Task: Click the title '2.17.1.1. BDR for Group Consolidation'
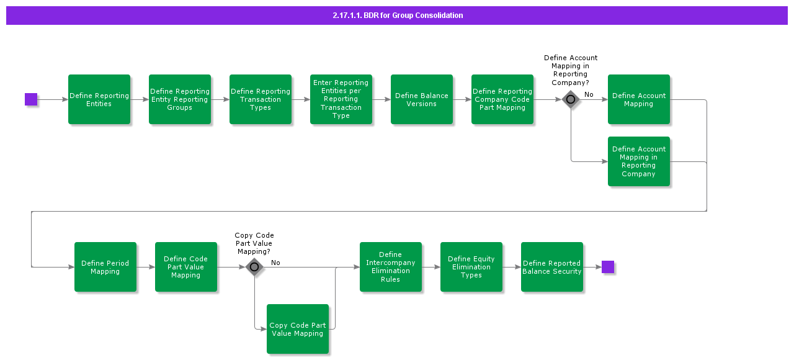pyautogui.click(x=398, y=16)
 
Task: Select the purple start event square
pyautogui.click(x=31, y=99)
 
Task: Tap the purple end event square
pyautogui.click(x=608, y=267)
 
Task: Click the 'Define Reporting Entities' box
pyautogui.click(x=99, y=99)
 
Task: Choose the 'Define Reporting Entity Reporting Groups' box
pyautogui.click(x=180, y=99)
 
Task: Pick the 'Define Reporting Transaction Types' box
pyautogui.click(x=261, y=99)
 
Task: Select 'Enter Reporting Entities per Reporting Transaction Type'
pyautogui.click(x=341, y=99)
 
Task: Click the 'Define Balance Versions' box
pyautogui.click(x=422, y=99)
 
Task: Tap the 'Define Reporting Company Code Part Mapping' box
pyautogui.click(x=502, y=99)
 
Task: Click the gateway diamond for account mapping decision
pyautogui.click(x=571, y=99)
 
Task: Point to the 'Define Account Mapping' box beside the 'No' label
pyautogui.click(x=639, y=99)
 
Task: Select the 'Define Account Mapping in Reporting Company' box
pyautogui.click(x=639, y=161)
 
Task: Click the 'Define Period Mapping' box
pyautogui.click(x=105, y=267)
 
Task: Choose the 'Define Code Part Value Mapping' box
pyautogui.click(x=186, y=267)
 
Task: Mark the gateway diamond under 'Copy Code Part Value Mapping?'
pyautogui.click(x=254, y=267)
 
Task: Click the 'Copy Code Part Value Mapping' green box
pyautogui.click(x=298, y=329)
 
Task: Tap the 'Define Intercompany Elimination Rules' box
pyautogui.click(x=391, y=267)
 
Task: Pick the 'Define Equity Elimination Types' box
pyautogui.click(x=471, y=267)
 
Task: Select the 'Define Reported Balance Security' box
pyautogui.click(x=552, y=267)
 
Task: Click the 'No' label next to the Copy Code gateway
pyautogui.click(x=275, y=263)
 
